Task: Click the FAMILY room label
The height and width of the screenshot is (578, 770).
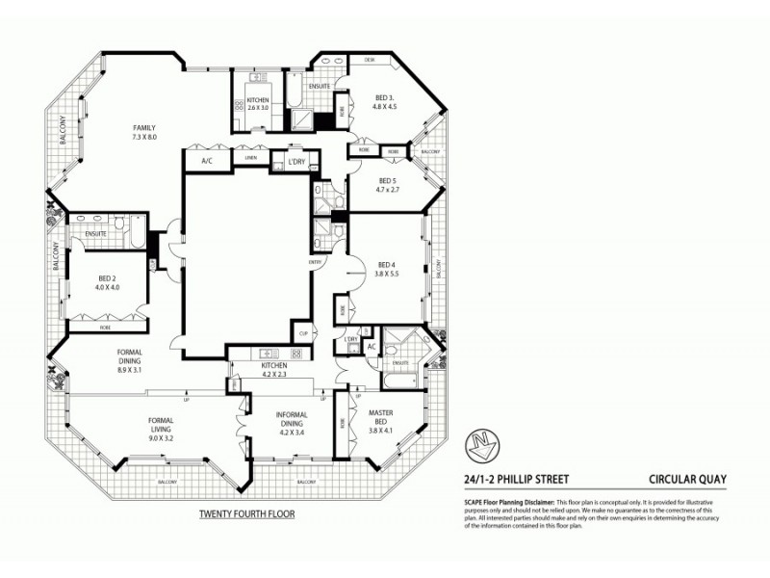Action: point(144,128)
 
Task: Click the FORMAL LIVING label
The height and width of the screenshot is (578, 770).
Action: point(161,421)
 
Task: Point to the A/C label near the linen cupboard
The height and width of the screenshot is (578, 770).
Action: point(206,161)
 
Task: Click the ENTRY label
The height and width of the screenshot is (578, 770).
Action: point(315,261)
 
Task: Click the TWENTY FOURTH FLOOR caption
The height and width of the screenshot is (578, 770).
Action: point(246,514)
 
